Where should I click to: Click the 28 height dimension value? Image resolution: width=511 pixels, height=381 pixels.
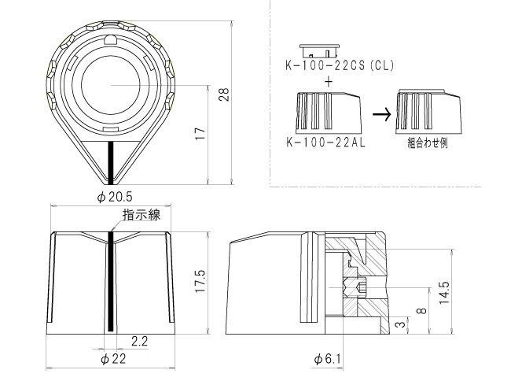pos(223,94)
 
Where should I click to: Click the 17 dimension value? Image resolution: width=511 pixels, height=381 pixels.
pos(201,134)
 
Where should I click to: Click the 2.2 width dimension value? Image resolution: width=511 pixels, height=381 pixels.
pos(139,342)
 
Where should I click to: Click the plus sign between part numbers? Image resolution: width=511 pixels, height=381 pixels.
pos(327,81)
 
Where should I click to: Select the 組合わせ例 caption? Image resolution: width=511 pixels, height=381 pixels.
pos(427,145)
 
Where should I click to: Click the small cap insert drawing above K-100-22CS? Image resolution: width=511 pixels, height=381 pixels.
pos(325,48)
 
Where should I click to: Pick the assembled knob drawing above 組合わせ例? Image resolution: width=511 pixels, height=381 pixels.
pos(427,112)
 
